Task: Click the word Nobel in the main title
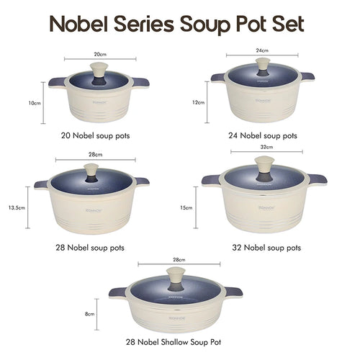pyautogui.click(x=80, y=24)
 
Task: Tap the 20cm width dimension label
pyautogui.click(x=100, y=54)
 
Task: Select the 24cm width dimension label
pyautogui.click(x=262, y=50)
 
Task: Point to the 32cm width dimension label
pyautogui.click(x=266, y=147)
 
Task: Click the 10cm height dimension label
pyautogui.click(x=35, y=103)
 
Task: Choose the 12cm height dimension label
pyautogui.click(x=198, y=102)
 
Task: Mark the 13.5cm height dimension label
pyautogui.click(x=17, y=208)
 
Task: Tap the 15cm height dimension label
pyautogui.click(x=186, y=208)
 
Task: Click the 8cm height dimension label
pyautogui.click(x=89, y=314)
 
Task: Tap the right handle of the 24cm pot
pyautogui.click(x=307, y=77)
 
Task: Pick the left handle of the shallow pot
pyautogui.click(x=118, y=292)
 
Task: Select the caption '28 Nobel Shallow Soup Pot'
pyautogui.click(x=174, y=342)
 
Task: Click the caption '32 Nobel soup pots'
pyautogui.click(x=266, y=248)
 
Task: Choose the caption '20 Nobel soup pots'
pyautogui.click(x=95, y=135)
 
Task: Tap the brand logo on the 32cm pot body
pyautogui.click(x=264, y=207)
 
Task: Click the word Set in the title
pyautogui.click(x=289, y=24)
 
